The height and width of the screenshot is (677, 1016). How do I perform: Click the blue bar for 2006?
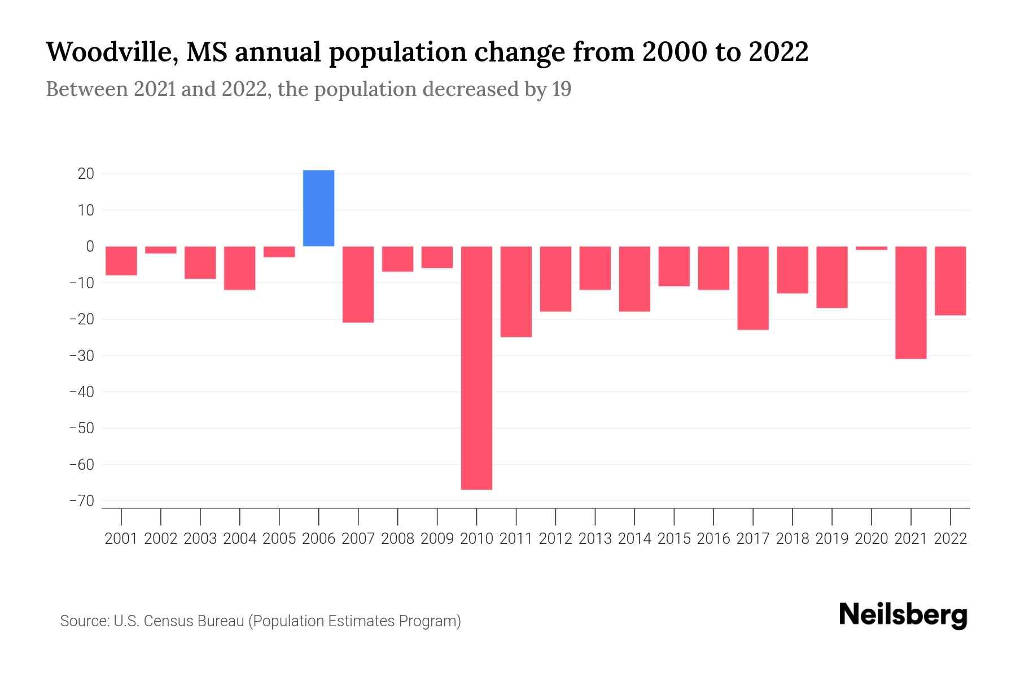pyautogui.click(x=318, y=208)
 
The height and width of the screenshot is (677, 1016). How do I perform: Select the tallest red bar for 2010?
pyautogui.click(x=476, y=368)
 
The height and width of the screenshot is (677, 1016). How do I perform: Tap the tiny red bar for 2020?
pyautogui.click(x=871, y=248)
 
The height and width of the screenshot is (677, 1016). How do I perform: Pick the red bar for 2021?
pyautogui.click(x=910, y=302)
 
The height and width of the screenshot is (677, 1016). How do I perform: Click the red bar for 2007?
pyautogui.click(x=358, y=284)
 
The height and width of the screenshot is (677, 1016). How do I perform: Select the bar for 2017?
pyautogui.click(x=752, y=288)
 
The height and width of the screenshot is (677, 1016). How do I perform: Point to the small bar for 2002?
pyautogui.click(x=161, y=250)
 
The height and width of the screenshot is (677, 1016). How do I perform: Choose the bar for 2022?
pyautogui.click(x=950, y=281)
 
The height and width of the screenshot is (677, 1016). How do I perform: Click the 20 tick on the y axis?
pyautogui.click(x=86, y=174)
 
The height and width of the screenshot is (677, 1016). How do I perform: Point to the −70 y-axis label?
pyautogui.click(x=81, y=501)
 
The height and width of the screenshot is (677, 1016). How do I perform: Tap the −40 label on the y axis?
pyautogui.click(x=81, y=392)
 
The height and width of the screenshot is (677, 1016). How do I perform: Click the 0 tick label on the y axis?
pyautogui.click(x=90, y=247)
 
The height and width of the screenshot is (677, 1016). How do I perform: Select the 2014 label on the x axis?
pyautogui.click(x=634, y=539)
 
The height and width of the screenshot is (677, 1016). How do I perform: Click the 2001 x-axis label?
pyautogui.click(x=121, y=539)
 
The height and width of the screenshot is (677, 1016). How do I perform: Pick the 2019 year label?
pyautogui.click(x=831, y=539)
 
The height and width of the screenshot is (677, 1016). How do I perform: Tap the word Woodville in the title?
pyautogui.click(x=110, y=52)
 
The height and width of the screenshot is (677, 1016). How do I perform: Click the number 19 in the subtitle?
pyautogui.click(x=561, y=89)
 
